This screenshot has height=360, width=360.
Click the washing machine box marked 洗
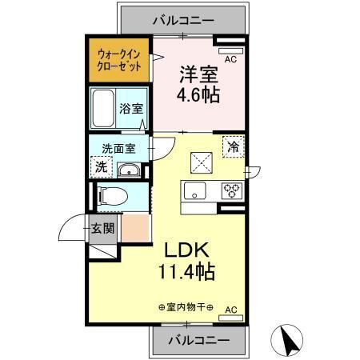[x=101, y=167]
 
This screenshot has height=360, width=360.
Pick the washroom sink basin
[x=128, y=170]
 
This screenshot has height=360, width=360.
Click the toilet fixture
[x=110, y=194]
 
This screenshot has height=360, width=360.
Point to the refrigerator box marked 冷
[x=234, y=147]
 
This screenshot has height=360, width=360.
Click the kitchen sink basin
[x=195, y=190]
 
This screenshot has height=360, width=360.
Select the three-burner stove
[x=231, y=190]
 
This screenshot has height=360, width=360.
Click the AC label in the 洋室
[x=230, y=60]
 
